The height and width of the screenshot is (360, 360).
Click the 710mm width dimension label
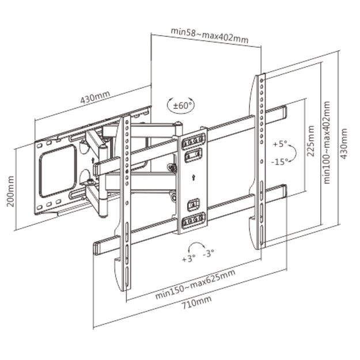(x=196, y=300)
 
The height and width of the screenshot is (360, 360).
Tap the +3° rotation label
(x=190, y=259)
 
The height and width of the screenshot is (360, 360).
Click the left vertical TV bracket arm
(x=124, y=202)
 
